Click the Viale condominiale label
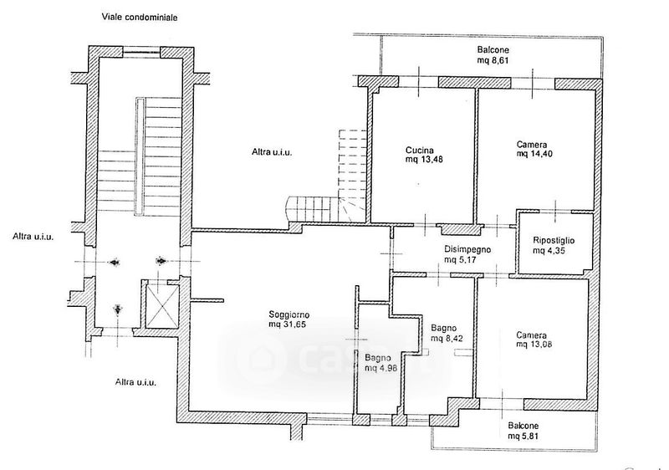(140, 17)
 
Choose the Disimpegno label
(467, 249)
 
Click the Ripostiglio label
(554, 241)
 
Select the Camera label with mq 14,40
(533, 144)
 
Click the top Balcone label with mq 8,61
(493, 49)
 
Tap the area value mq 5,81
(525, 435)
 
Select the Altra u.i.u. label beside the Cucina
(273, 152)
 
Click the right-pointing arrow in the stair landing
(161, 261)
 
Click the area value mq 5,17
(461, 259)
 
